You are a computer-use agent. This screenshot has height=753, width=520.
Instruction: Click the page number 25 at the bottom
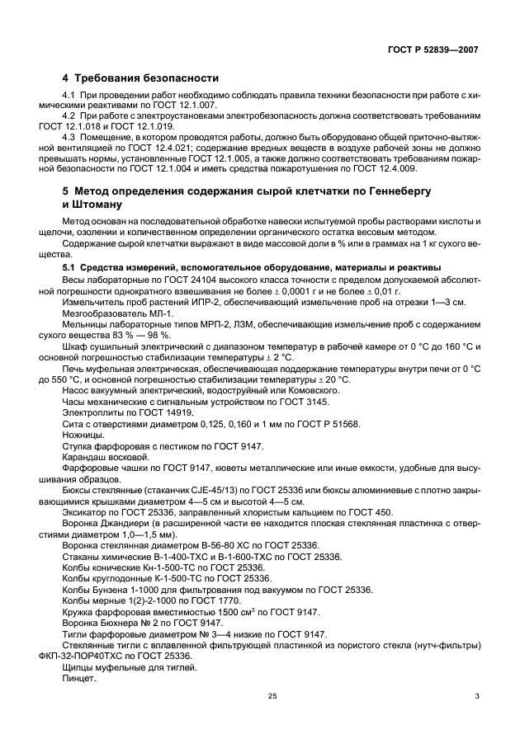point(272,719)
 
